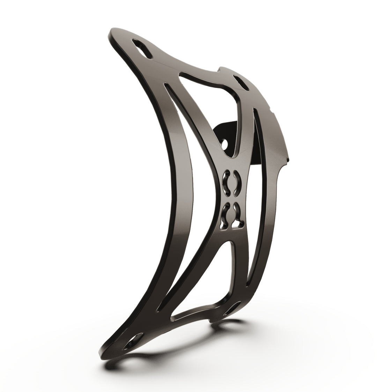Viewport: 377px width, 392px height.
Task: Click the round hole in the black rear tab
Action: click(x=226, y=143)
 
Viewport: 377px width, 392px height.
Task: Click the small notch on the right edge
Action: click(x=288, y=159)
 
